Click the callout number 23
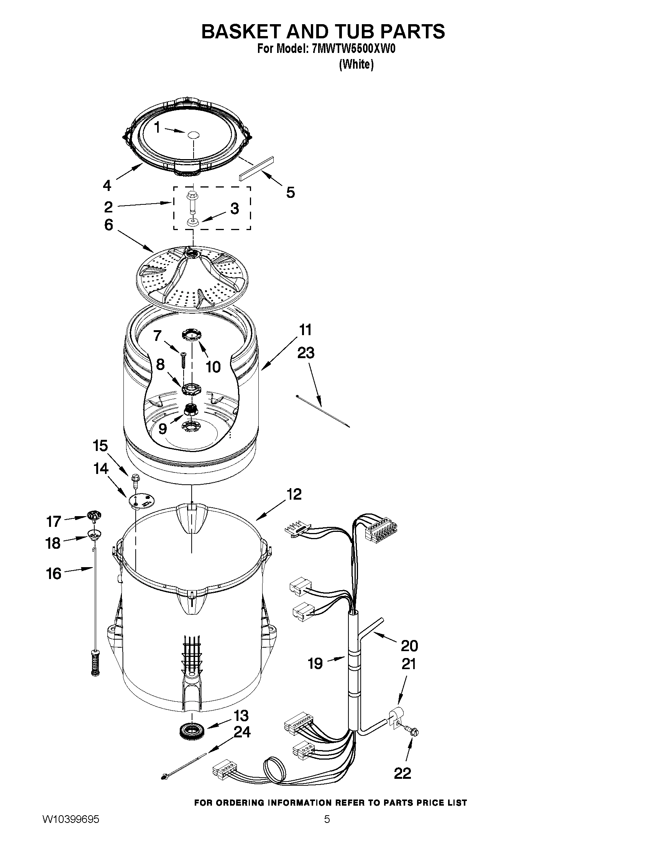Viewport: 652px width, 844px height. point(305,353)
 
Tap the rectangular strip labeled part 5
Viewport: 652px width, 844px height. point(256,168)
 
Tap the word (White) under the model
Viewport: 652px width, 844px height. point(356,64)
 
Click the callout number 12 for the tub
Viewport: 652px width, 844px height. point(294,494)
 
